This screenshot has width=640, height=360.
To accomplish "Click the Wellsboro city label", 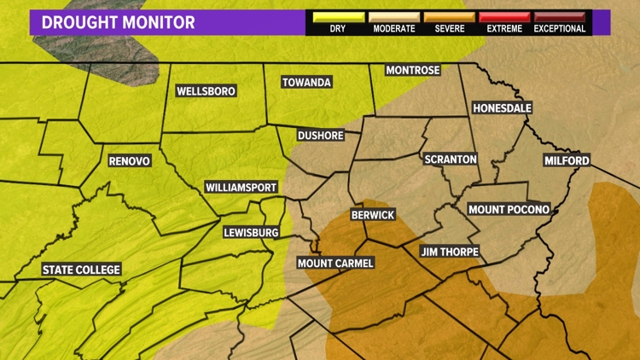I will tap(206, 91).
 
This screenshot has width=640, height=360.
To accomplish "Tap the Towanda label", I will tap(306, 83).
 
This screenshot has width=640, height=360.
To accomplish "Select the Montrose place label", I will tap(412, 70).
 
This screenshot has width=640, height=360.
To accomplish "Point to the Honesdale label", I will tap(502, 108).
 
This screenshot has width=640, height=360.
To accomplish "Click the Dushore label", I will tap(320, 135).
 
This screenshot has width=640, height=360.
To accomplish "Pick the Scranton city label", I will tap(451, 160).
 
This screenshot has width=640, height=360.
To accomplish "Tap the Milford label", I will tap(567, 160).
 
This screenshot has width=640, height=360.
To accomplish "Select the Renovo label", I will tap(130, 160).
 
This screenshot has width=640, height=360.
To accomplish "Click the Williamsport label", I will tap(241, 187).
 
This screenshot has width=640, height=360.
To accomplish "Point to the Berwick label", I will tap(373, 215).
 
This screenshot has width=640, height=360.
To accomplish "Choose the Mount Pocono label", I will tap(509, 209).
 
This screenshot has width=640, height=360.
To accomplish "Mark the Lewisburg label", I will tap(251, 232).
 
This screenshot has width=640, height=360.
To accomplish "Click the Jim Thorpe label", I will tap(450, 252).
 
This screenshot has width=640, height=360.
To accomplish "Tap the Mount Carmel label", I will tap(335, 263).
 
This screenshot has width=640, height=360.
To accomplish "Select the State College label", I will tap(82, 270).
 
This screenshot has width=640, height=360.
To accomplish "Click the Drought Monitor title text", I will tap(118, 21).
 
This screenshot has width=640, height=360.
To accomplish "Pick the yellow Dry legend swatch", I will tap(337, 16).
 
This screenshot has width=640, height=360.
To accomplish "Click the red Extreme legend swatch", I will tap(503, 16).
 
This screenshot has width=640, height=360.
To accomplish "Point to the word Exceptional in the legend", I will tap(560, 29).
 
